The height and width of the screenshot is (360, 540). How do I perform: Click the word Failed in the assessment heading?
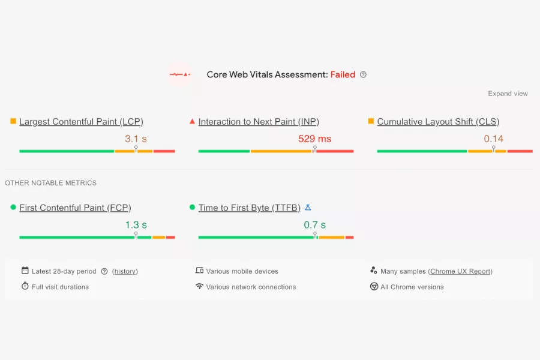point(343,75)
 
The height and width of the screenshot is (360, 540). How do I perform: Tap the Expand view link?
point(508,94)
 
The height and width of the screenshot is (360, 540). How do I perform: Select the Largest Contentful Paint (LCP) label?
point(81,122)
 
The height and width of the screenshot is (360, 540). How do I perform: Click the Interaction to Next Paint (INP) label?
point(259,122)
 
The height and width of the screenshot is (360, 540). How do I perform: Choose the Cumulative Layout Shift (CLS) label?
point(438,122)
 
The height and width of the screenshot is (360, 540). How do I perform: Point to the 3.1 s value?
point(136,139)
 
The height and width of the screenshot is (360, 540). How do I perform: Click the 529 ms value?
point(314,139)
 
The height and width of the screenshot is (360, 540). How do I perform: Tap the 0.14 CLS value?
point(493,139)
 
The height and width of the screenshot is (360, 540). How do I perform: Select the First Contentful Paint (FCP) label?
point(75,208)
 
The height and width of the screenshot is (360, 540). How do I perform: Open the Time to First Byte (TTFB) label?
point(249,208)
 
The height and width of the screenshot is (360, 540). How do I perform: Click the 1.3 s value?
point(136,225)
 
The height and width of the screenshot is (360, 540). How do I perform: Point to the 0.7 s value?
point(314,225)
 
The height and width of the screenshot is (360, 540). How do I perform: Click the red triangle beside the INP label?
point(192,121)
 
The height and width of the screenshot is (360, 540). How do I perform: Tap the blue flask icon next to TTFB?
point(308,208)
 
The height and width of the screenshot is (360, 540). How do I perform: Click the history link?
point(125,271)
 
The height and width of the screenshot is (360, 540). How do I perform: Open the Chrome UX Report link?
point(460,271)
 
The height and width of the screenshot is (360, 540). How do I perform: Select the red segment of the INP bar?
point(335,151)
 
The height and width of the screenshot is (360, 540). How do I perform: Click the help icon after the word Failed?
point(363,75)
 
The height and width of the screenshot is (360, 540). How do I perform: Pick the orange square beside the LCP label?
point(13,121)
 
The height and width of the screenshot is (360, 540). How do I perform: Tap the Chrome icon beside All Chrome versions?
point(374,287)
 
